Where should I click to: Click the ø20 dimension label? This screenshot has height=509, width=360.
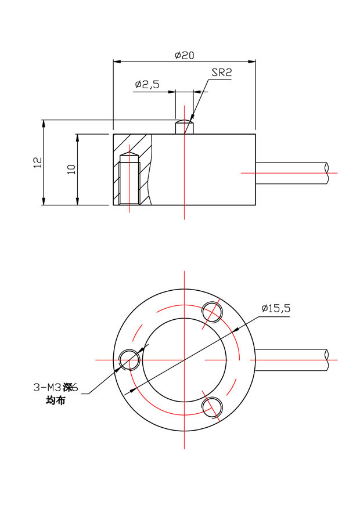(184, 55)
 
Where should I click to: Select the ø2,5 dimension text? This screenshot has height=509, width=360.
(147, 85)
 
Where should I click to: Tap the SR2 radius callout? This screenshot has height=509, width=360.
(221, 73)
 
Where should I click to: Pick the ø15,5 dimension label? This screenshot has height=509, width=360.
(275, 308)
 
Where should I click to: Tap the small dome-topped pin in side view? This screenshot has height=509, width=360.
(184, 127)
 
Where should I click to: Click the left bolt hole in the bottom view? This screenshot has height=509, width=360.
(128, 360)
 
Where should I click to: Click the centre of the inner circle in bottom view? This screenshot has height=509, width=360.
(184, 360)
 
